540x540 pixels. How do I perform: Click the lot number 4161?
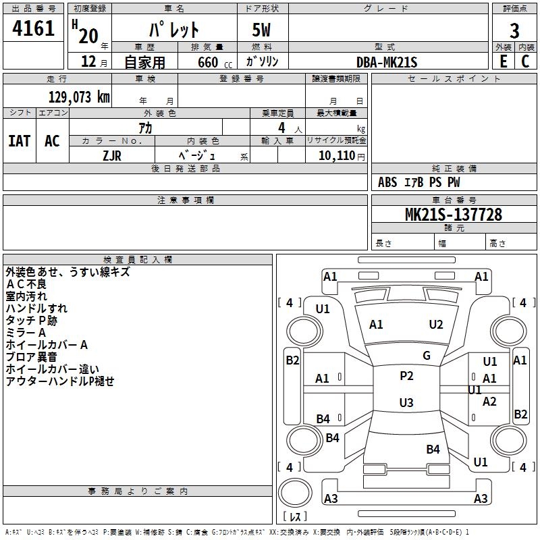click(34, 29)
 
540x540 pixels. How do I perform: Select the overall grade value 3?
click(514, 31)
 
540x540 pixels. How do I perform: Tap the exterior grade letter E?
click(503, 61)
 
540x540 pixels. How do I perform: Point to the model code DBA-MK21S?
click(387, 62)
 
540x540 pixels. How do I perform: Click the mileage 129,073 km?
click(79, 97)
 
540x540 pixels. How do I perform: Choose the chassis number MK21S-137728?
click(453, 215)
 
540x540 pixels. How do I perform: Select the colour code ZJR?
click(112, 155)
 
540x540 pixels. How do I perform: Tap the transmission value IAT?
click(19, 141)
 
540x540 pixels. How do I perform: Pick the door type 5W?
click(263, 31)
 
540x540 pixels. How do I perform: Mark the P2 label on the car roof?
click(406, 376)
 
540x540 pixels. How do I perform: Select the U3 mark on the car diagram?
click(406, 403)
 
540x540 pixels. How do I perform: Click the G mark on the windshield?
click(427, 356)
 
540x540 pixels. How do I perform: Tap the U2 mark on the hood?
click(436, 325)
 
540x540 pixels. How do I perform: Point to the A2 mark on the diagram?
click(489, 402)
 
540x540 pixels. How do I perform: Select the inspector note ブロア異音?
click(32, 357)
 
